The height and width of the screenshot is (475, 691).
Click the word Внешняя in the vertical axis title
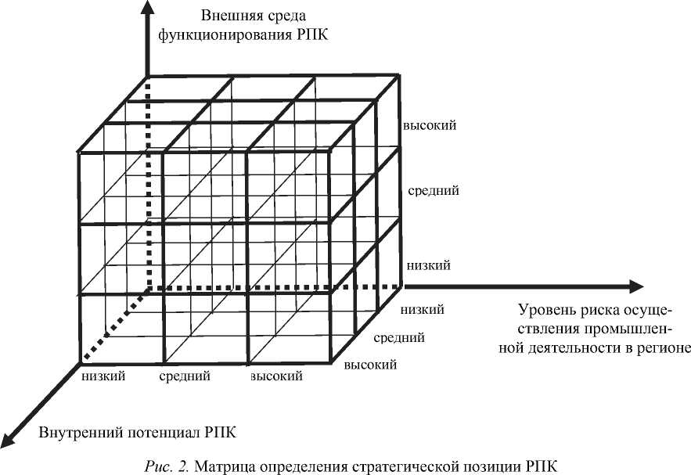click(x=225, y=16)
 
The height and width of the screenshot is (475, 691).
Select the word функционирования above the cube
click(x=211, y=35)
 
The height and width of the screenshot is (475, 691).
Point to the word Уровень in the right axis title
click(x=546, y=309)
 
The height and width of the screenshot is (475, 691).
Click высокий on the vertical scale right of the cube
click(x=430, y=125)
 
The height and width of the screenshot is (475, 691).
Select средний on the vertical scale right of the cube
click(x=433, y=190)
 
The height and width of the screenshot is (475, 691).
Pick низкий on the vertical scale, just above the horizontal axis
click(x=427, y=266)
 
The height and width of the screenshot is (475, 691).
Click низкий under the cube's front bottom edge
click(x=103, y=376)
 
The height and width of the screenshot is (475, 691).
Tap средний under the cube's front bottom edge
click(x=185, y=376)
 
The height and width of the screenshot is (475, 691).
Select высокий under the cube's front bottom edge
click(x=276, y=376)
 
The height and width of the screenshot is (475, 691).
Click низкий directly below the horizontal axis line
click(x=422, y=310)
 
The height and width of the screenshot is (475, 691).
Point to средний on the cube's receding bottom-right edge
click(x=399, y=338)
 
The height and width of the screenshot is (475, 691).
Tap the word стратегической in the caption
click(x=379, y=466)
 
